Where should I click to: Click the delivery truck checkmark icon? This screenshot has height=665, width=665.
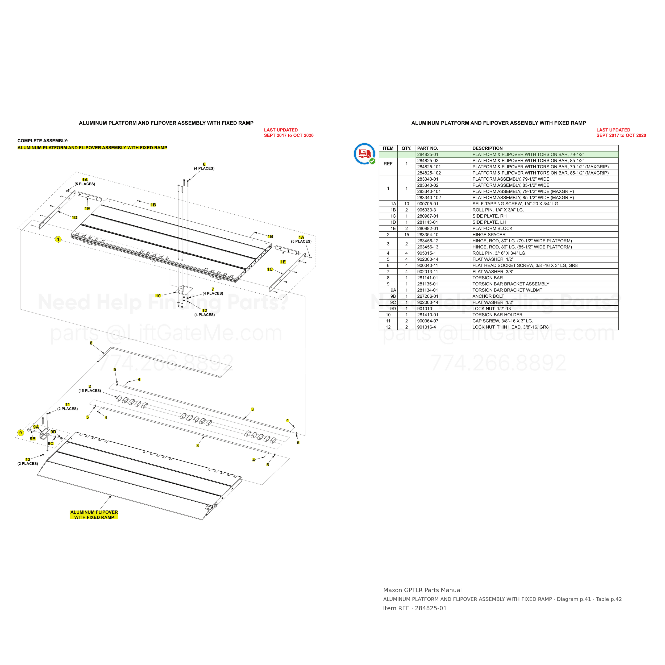(x=364, y=154)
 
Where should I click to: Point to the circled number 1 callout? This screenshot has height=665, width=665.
(x=58, y=239)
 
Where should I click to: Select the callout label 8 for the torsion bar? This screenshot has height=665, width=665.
(x=91, y=343)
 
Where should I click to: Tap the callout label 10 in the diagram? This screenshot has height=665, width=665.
(x=158, y=296)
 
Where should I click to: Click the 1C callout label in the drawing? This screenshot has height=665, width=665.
(x=270, y=269)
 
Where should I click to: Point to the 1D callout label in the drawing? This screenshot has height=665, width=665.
(x=74, y=218)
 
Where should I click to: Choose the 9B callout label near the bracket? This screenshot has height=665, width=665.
(x=33, y=439)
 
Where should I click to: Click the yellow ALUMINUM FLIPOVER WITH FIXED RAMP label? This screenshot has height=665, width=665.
(x=94, y=515)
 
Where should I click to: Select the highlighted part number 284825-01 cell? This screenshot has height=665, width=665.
(x=427, y=155)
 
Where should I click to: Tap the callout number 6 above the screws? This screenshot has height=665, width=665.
(x=204, y=164)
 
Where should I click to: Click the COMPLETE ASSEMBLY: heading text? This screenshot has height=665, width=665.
(x=43, y=141)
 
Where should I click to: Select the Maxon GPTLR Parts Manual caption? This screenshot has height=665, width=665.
(x=422, y=590)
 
